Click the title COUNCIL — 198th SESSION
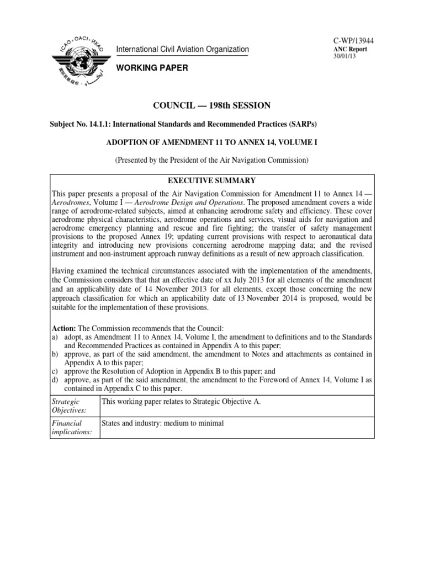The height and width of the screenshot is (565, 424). pos(211,105)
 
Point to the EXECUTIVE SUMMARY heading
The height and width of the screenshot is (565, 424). pos(212,180)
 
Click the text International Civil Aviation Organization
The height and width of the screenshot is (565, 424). pos(182,50)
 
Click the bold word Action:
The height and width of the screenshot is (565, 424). pos(63,327)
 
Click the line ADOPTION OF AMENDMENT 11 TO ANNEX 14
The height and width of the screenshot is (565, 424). pos(211,142)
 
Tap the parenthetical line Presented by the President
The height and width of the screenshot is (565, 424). pos(211,160)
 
